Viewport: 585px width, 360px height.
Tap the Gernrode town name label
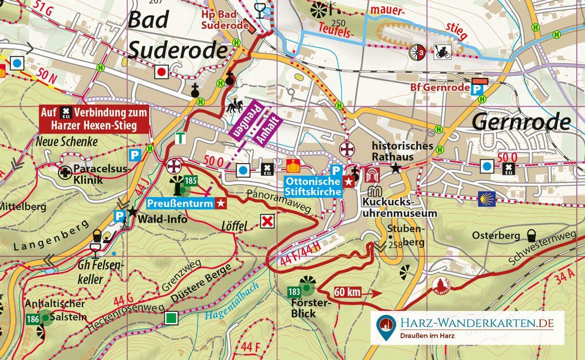[x=522, y=122]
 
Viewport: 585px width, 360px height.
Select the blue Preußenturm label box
[x=187, y=203]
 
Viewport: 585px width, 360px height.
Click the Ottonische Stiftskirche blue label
[x=313, y=187]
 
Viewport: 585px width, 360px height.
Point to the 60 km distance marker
[x=348, y=292]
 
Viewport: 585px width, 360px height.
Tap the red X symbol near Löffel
[x=267, y=222]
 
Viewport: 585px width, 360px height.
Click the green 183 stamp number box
[x=294, y=292]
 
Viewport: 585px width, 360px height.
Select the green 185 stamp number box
[x=191, y=181]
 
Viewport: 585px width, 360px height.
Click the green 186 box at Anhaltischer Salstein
[x=33, y=320]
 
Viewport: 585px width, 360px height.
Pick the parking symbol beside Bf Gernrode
[x=478, y=90]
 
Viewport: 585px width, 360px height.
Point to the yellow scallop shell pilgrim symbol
[x=486, y=199]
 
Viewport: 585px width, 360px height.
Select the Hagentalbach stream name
[x=231, y=308]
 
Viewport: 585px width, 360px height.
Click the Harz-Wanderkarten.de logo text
[x=476, y=323]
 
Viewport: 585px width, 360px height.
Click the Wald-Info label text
[x=162, y=219]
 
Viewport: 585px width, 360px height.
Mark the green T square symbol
[x=181, y=138]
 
